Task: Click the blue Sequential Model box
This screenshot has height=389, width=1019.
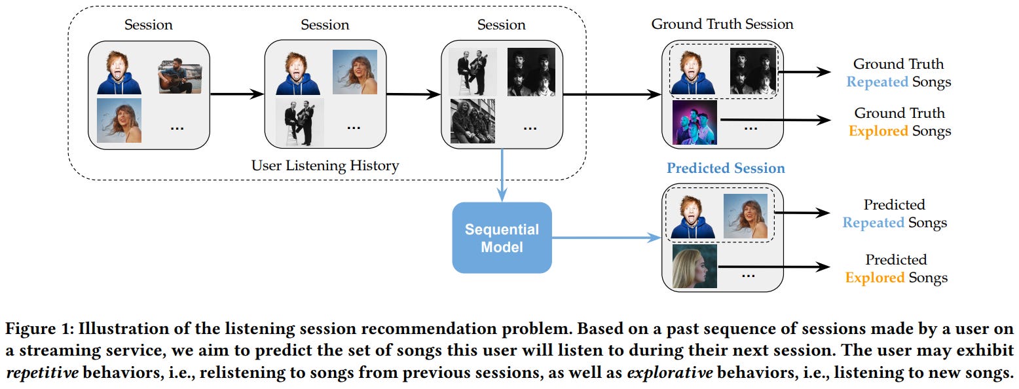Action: (x=502, y=238)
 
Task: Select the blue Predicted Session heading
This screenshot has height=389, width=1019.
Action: (x=726, y=168)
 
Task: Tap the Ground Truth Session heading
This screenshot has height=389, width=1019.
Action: (x=722, y=24)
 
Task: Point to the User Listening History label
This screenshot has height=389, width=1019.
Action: (x=325, y=166)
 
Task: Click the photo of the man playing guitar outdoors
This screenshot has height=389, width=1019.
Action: (x=179, y=76)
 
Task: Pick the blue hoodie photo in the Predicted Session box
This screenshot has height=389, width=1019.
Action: (x=690, y=217)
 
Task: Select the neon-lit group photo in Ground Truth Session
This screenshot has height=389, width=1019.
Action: (x=695, y=122)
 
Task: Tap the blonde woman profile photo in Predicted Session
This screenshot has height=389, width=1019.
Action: (x=695, y=266)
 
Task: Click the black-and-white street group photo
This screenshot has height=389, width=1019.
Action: (x=472, y=121)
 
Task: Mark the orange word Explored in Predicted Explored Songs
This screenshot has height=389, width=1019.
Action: (x=875, y=278)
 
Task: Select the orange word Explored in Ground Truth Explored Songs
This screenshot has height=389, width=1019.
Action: (x=878, y=131)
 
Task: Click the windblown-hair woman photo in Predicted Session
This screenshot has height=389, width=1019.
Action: (x=745, y=217)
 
